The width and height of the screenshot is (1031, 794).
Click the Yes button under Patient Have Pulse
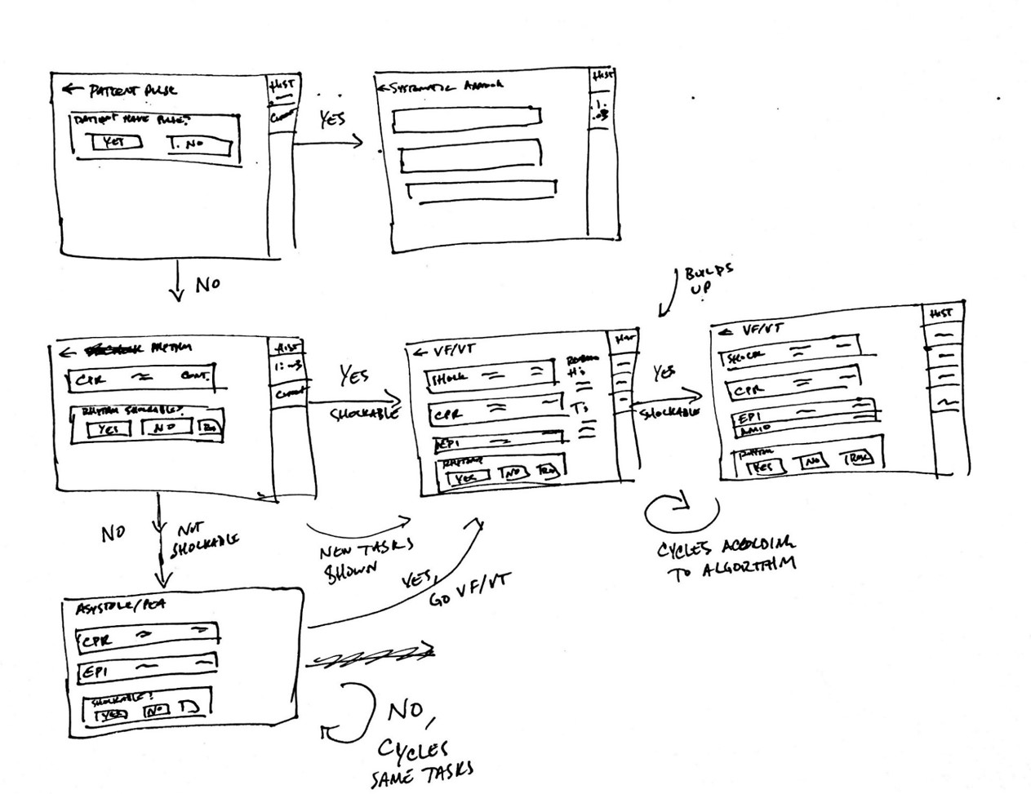tap(115, 142)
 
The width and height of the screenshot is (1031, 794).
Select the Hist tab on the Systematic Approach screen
tap(602, 76)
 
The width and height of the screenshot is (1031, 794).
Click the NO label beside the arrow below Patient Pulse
tap(207, 285)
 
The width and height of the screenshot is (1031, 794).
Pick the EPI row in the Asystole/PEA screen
tap(147, 671)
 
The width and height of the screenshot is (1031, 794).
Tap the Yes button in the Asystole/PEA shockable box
tap(112, 714)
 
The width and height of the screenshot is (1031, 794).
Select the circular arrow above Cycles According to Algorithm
tap(680, 513)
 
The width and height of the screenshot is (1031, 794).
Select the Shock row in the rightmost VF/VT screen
tap(788, 353)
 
